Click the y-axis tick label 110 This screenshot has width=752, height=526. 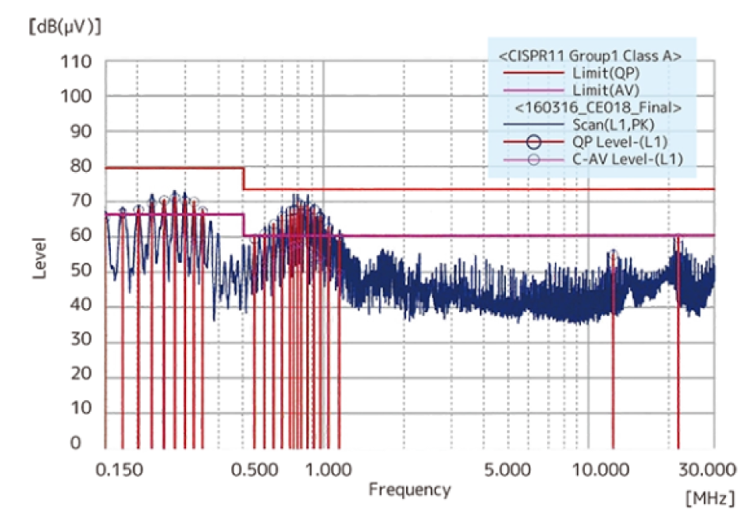pos(76,62)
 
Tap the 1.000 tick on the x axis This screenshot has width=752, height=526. pos(328,469)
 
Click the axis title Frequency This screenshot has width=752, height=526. pos(409,490)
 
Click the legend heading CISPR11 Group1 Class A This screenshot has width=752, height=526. pos(590,55)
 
